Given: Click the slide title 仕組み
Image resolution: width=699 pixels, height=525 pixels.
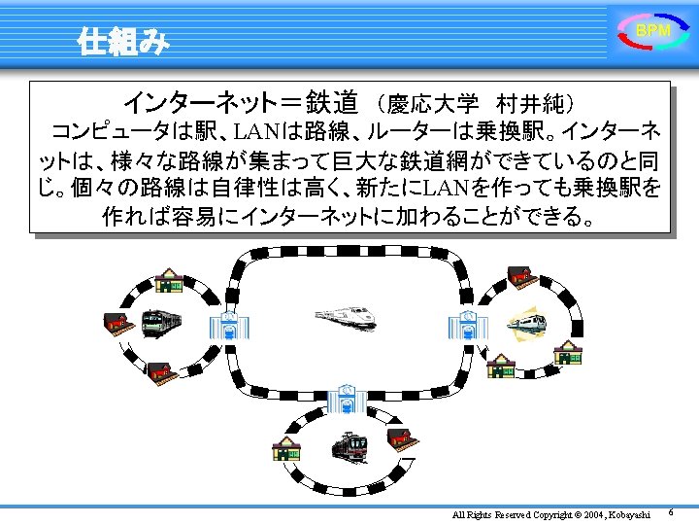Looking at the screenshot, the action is (124, 42).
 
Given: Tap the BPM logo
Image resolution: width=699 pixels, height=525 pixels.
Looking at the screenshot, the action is (652, 32).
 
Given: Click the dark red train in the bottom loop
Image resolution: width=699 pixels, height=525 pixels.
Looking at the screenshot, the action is (349, 446).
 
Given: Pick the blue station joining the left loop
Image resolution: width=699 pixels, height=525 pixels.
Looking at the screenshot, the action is (228, 326).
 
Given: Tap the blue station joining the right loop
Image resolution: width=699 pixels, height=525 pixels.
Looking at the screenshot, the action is (466, 326).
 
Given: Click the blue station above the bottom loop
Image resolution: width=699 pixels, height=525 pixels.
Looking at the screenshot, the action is (347, 400).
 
